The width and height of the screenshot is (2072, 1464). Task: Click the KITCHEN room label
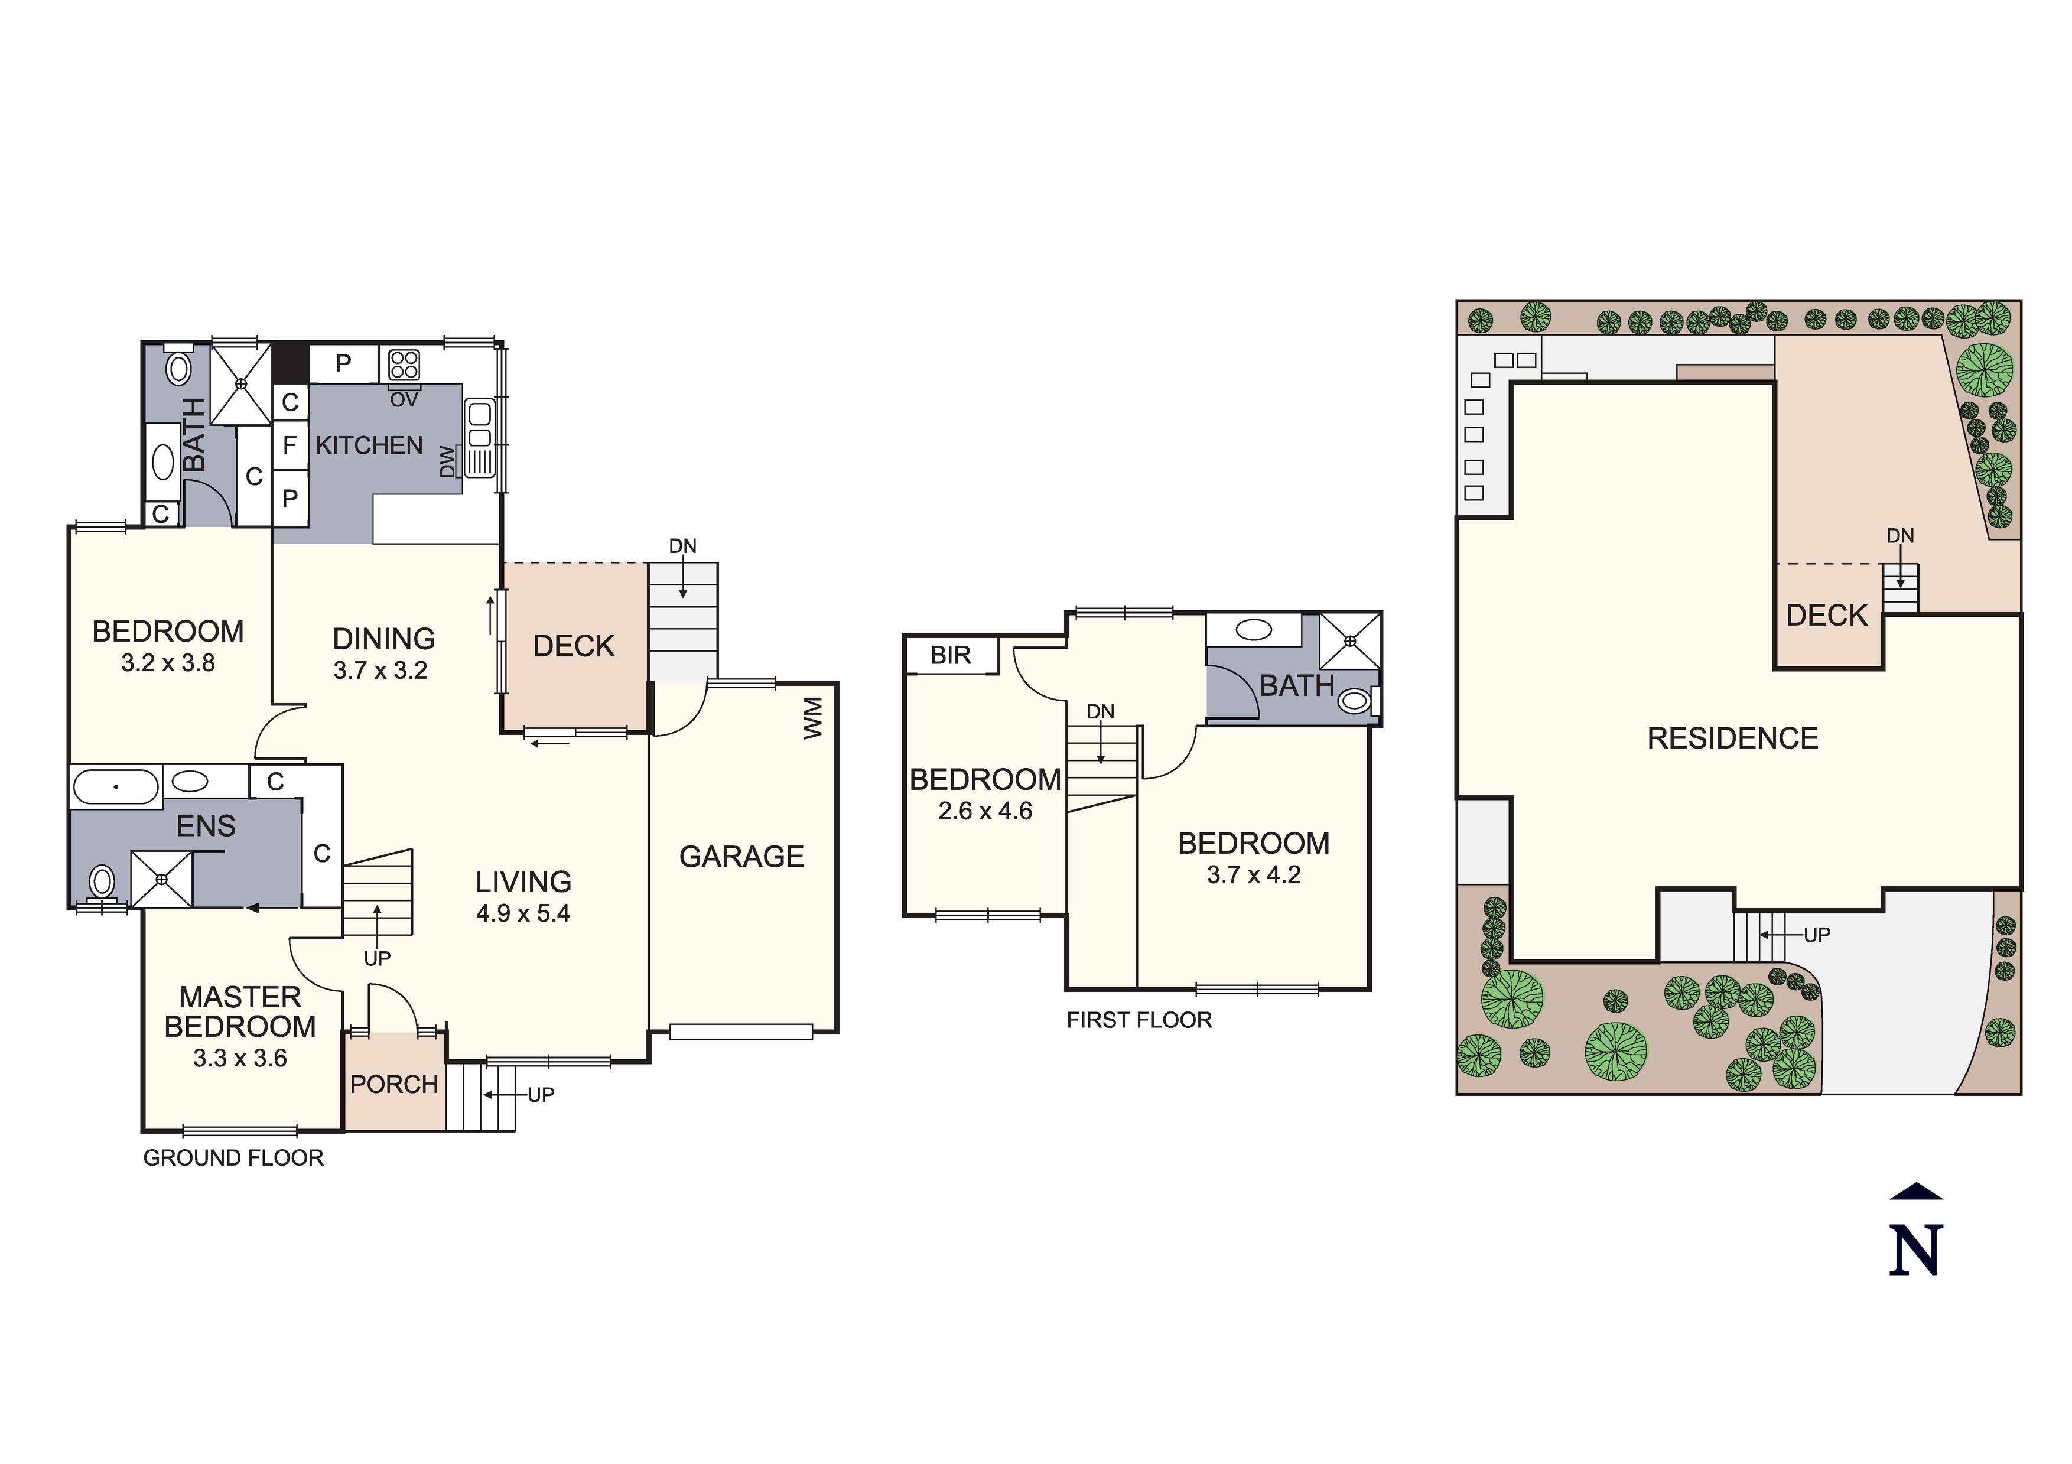pos(369,446)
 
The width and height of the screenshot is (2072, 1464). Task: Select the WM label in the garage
pos(813,718)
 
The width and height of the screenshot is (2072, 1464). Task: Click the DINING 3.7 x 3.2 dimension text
pos(380,671)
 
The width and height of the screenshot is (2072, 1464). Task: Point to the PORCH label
pos(394,1084)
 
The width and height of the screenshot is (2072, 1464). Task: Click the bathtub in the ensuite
pos(116,786)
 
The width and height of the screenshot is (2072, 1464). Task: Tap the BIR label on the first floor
pos(950,655)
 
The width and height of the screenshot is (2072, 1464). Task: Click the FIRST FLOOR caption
pos(1139,1020)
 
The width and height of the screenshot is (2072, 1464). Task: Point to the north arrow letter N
pos(1916,1250)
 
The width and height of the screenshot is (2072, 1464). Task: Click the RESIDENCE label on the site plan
pos(1732,738)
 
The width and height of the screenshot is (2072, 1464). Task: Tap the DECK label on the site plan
pos(1827,616)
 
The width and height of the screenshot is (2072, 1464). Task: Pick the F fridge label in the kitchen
pos(290,445)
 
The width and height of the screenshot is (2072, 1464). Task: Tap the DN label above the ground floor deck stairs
pos(682,546)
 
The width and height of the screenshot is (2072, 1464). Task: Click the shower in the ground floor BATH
pos(241,383)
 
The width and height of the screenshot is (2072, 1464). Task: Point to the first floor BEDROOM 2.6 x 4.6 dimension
pos(984,811)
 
